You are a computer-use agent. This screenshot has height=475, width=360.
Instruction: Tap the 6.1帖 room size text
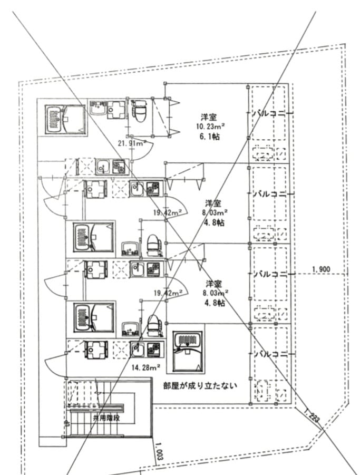click(x=209, y=137)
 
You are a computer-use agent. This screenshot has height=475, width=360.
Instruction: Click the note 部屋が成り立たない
click(x=200, y=385)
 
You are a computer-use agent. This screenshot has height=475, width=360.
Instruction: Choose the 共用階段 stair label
click(x=106, y=418)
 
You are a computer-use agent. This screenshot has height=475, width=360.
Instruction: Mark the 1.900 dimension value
click(x=320, y=269)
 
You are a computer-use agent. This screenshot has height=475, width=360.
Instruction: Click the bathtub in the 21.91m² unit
click(x=63, y=119)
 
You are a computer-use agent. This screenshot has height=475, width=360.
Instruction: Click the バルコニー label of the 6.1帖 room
click(x=271, y=113)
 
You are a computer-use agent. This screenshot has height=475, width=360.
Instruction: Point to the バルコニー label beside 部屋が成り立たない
click(x=271, y=354)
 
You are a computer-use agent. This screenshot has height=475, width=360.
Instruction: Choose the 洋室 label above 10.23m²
click(x=209, y=117)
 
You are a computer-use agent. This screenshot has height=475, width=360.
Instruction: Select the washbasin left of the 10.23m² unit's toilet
click(x=98, y=109)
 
